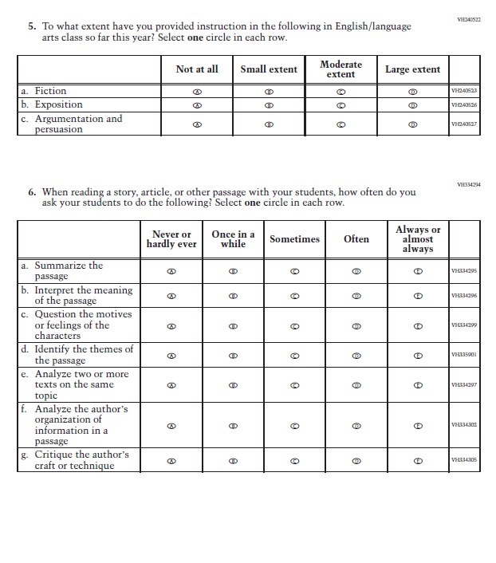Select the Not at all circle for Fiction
[x=196, y=92]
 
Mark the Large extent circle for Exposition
[x=412, y=105]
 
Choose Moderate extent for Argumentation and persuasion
[x=341, y=124]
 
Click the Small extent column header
[x=269, y=69]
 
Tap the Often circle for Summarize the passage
[x=356, y=271]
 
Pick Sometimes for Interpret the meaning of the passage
[x=294, y=296]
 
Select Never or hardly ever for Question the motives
[x=171, y=325]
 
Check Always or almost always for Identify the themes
[x=418, y=355]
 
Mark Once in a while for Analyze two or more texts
[x=233, y=384]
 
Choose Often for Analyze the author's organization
[x=356, y=425]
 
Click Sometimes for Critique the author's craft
[x=294, y=460]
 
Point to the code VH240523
[x=463, y=92]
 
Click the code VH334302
[x=463, y=425]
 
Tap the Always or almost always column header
[x=418, y=239]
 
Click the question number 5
[x=32, y=26]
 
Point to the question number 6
[x=32, y=192]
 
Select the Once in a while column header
[x=233, y=239]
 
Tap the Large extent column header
[x=412, y=69]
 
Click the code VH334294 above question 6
[x=468, y=184]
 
